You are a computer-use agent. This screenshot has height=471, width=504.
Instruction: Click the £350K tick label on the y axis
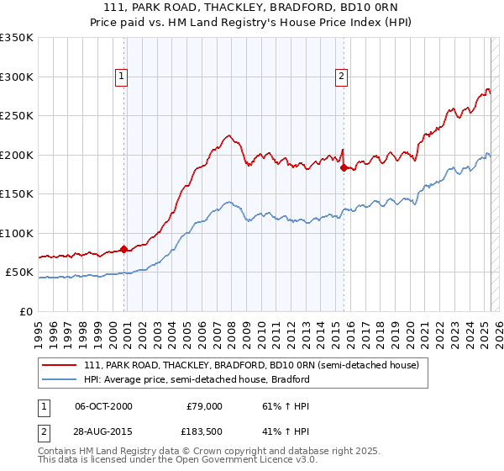[17, 38]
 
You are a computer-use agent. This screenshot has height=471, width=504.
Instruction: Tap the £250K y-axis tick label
[17, 116]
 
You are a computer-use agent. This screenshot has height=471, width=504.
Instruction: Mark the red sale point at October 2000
[124, 249]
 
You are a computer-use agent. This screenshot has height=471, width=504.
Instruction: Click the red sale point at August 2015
[344, 167]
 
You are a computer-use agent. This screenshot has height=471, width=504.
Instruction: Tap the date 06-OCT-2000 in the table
[103, 405]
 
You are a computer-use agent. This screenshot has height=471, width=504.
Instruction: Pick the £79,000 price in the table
[202, 405]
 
